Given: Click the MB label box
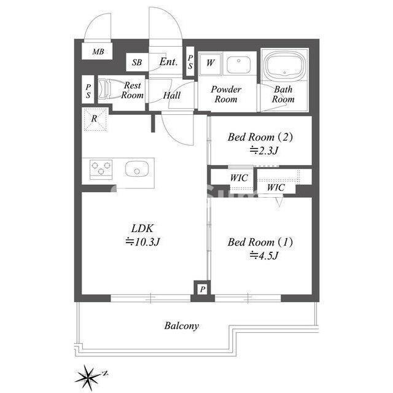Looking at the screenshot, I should tap(98, 52).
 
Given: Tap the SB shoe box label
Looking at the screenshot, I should tap(138, 63).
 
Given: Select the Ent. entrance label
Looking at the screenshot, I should tap(168, 62).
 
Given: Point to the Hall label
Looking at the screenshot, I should tap(172, 96).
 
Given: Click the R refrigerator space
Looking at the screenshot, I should tap(95, 118).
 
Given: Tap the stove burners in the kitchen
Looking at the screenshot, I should tap(101, 168).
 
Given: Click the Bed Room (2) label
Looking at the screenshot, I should tap(260, 137).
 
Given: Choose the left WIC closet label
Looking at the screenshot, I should tap(238, 178).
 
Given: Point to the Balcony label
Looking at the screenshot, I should tap(181, 326).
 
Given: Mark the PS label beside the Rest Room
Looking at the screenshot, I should tap(88, 91).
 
